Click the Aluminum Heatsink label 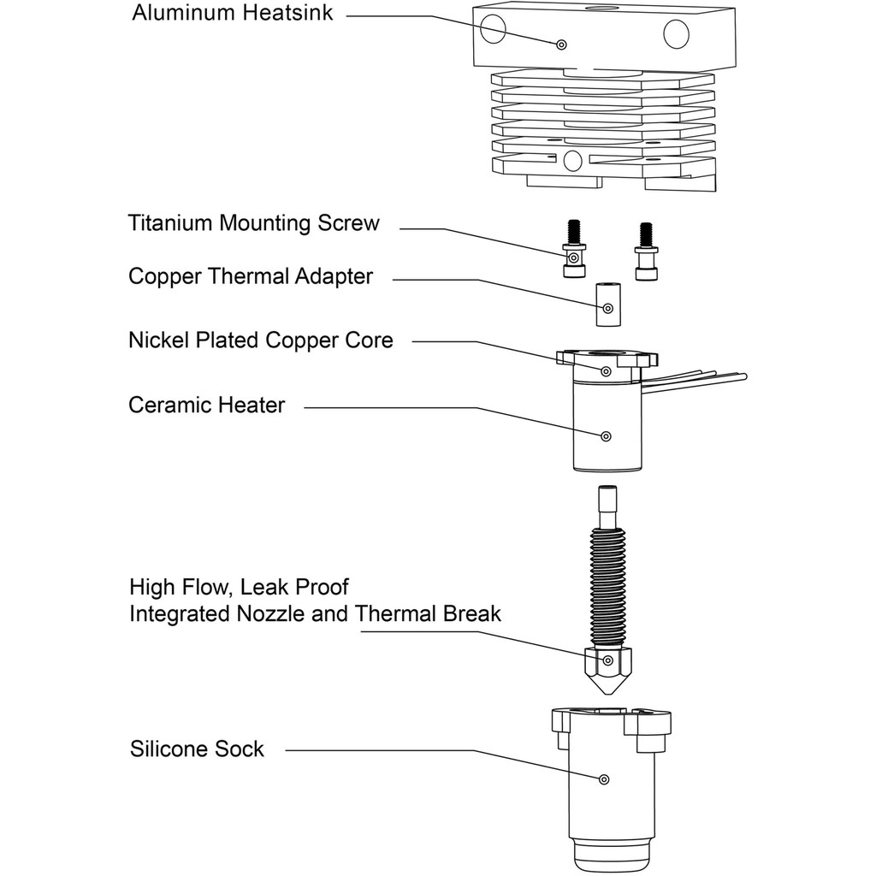point(232,15)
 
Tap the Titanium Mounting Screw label point(253,224)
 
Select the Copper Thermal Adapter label point(251,277)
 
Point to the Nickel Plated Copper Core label point(261,340)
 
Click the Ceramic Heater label point(206,405)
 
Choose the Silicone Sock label point(197,749)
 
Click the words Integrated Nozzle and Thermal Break point(315,614)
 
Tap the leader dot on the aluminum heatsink point(561,44)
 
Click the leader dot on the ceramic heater point(606,436)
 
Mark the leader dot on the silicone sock point(604,778)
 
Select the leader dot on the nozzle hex point(607,660)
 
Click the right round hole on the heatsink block point(677,34)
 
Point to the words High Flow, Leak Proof point(239,588)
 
